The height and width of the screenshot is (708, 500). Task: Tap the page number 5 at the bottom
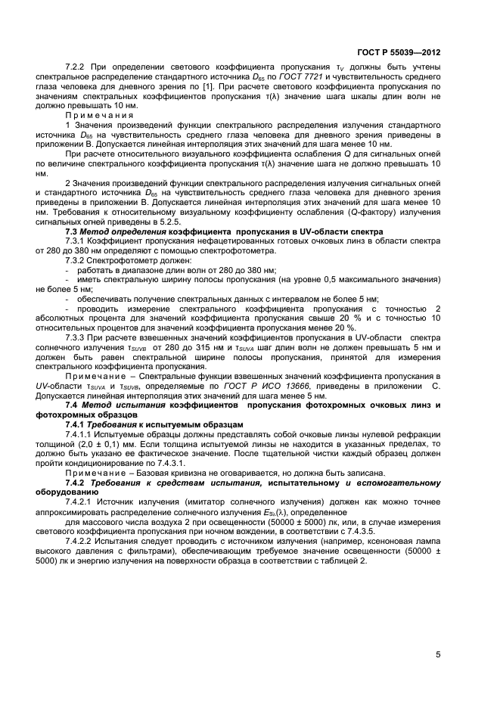(439, 655)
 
